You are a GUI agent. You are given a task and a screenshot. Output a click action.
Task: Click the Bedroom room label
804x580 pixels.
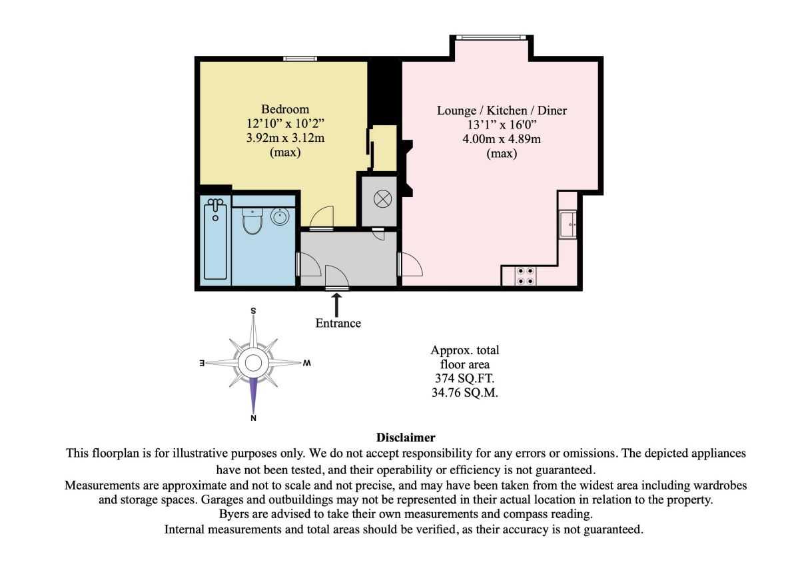click(285, 109)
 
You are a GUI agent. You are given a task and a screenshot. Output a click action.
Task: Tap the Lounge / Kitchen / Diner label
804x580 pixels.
click(502, 111)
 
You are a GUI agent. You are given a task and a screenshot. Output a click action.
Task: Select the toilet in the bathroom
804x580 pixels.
click(252, 220)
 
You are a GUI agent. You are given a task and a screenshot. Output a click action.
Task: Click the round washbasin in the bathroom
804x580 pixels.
click(280, 216)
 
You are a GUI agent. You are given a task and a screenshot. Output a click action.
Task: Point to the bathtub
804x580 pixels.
click(215, 239)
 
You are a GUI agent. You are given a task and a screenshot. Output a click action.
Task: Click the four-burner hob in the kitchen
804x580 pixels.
click(525, 276)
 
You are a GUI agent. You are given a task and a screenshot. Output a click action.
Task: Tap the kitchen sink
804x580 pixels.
click(568, 224)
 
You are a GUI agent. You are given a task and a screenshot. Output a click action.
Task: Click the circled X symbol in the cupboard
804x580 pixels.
click(382, 198)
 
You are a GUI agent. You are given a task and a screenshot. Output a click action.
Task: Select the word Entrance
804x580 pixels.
click(338, 323)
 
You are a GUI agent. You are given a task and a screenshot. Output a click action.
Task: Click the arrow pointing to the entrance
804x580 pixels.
click(336, 305)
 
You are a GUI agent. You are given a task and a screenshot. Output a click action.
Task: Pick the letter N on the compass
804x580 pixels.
click(253, 418)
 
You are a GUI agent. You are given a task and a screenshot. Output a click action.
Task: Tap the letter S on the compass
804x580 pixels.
click(253, 311)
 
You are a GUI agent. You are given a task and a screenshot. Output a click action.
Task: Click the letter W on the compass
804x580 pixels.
click(306, 363)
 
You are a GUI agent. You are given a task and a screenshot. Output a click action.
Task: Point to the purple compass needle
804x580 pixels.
click(253, 395)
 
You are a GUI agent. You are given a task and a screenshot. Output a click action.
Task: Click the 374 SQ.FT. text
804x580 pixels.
click(464, 378)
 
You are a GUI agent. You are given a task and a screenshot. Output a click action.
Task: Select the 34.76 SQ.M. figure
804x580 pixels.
click(464, 393)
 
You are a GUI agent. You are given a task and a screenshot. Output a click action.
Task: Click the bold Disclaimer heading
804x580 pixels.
click(406, 437)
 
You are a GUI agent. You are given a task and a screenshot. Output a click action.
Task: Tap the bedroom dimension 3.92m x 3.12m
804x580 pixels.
click(285, 138)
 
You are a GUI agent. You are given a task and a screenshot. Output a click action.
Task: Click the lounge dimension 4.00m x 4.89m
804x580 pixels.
click(502, 139)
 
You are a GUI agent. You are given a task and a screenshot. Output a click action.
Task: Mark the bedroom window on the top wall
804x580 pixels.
click(300, 59)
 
